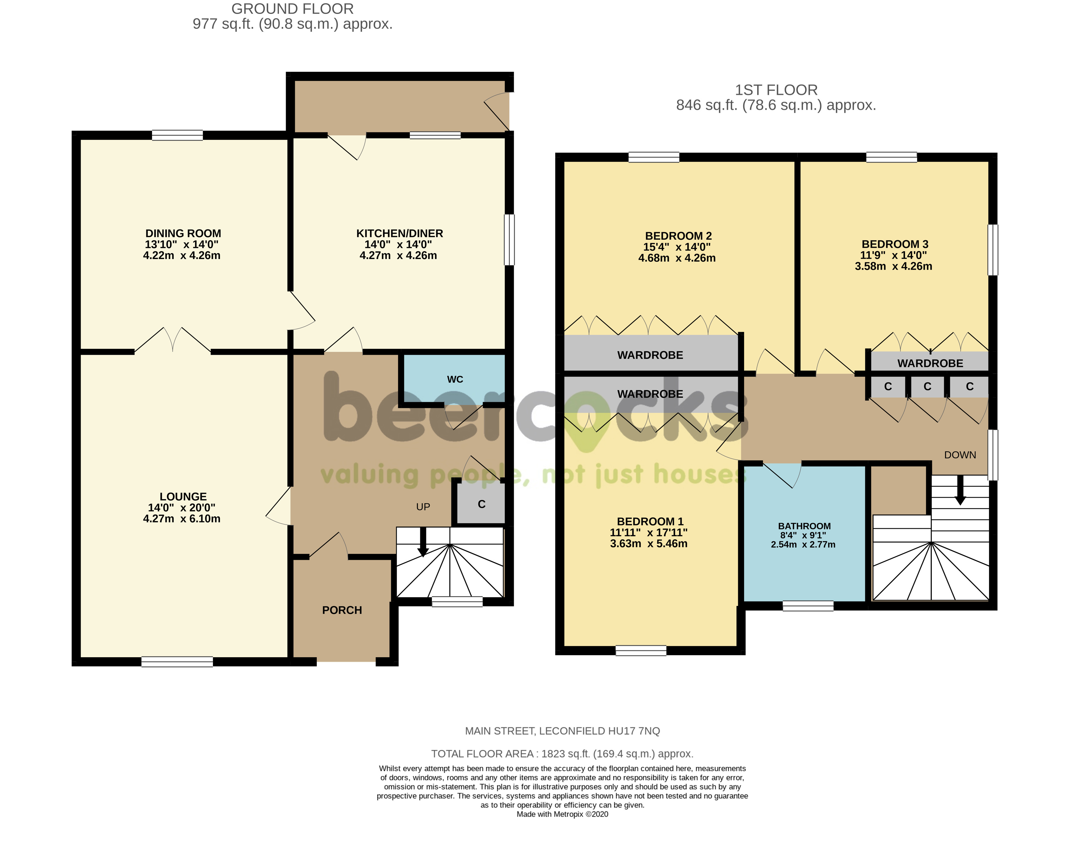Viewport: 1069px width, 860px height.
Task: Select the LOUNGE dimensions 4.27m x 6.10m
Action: pyautogui.click(x=182, y=519)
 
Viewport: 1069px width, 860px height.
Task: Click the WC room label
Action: pyautogui.click(x=455, y=379)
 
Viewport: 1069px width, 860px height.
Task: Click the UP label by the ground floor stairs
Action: pyautogui.click(x=423, y=507)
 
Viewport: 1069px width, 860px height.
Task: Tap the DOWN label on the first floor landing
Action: pyautogui.click(x=960, y=455)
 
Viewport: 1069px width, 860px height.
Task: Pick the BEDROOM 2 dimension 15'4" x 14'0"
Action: pyautogui.click(x=677, y=247)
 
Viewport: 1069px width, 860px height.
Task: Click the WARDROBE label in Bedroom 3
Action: pyautogui.click(x=930, y=363)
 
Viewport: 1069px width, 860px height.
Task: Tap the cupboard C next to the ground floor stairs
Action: pyautogui.click(x=481, y=504)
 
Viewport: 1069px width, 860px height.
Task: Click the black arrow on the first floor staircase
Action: pyautogui.click(x=960, y=491)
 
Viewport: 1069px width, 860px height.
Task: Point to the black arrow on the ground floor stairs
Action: pyautogui.click(x=423, y=543)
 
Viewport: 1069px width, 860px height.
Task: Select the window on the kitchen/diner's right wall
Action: pyautogui.click(x=509, y=240)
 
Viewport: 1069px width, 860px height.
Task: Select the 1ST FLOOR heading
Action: pyautogui.click(x=776, y=90)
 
